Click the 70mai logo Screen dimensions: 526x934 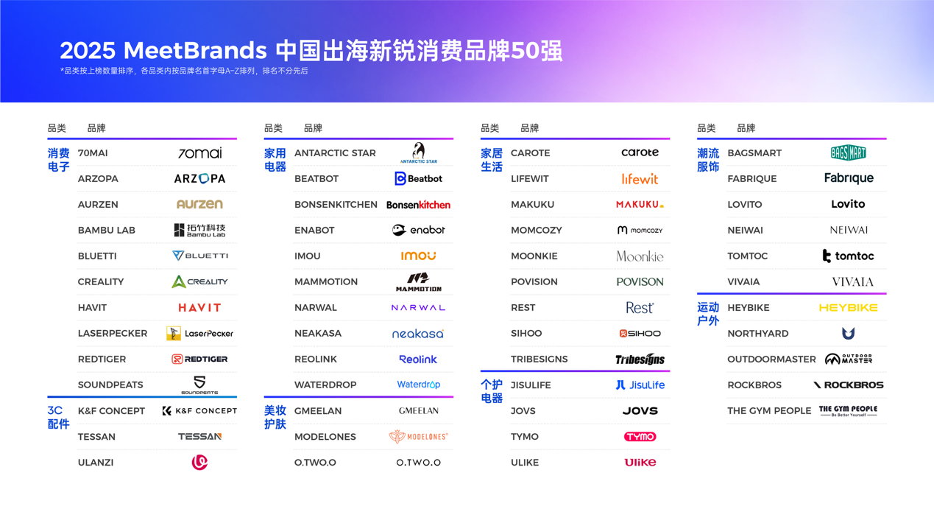pos(199,153)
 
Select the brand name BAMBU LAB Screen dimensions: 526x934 pos(107,231)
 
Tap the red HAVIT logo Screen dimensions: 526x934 pos(199,308)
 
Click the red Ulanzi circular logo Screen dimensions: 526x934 pos(199,463)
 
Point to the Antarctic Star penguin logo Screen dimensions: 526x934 pos(419,152)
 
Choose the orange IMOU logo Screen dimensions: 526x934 pos(418,256)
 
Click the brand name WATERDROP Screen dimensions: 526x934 pos(325,385)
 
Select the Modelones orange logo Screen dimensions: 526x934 pos(418,437)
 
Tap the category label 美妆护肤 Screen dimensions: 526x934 pos(275,418)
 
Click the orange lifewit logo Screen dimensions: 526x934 pos(640,179)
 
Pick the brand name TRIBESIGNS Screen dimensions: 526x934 pos(539,360)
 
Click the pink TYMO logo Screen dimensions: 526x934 pos(640,437)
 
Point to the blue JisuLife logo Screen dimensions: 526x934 pos(640,385)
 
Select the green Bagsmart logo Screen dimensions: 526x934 pos(848,153)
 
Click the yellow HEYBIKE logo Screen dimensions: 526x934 pos(848,308)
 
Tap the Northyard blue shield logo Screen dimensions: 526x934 pos(848,334)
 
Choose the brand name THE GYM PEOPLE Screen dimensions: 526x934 pos(769,411)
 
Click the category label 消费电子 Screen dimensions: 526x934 pos(59,160)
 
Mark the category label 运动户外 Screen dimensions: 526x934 pos(708,315)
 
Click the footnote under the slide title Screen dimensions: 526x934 pos(184,71)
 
